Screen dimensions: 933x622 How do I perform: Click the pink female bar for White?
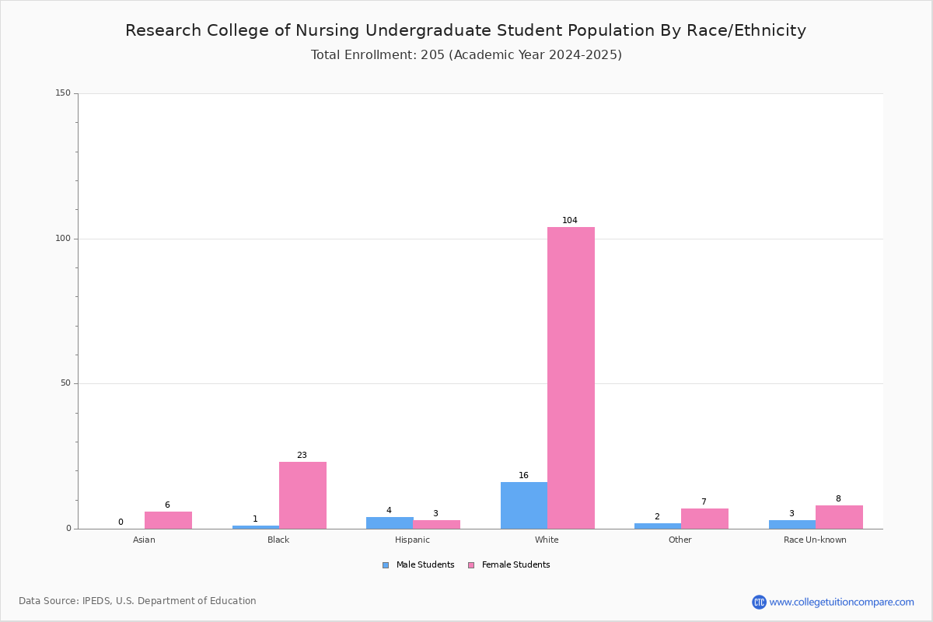(571, 378)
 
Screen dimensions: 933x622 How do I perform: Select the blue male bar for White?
(524, 505)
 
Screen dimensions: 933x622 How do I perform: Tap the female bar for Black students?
(302, 495)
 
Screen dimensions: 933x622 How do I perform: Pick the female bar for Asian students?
(168, 520)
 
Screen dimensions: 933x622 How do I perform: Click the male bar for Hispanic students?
(390, 522)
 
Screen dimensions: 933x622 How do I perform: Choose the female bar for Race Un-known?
(839, 517)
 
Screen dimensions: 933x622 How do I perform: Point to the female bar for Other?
(704, 519)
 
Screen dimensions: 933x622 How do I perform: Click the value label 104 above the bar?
(570, 220)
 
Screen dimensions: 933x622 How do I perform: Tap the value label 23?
(302, 455)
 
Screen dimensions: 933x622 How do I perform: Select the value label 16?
(523, 475)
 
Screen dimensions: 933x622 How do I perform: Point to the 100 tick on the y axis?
(63, 238)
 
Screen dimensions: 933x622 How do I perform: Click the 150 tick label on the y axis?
(63, 93)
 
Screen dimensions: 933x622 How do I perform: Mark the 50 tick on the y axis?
(65, 383)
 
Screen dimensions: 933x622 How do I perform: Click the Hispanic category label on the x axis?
(412, 540)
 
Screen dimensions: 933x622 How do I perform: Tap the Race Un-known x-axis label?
(815, 540)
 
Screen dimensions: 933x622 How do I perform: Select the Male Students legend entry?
(418, 565)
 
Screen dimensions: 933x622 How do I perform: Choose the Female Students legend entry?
(509, 565)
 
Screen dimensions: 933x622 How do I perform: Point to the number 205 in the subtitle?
(433, 55)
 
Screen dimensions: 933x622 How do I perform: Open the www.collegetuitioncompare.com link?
(841, 602)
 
